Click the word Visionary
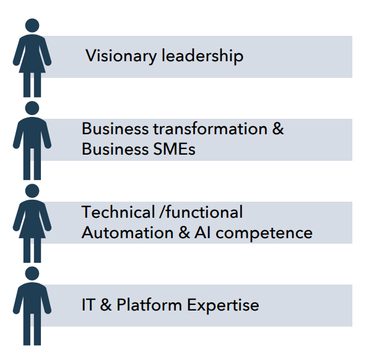(121, 56)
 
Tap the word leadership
(203, 56)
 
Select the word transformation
(211, 128)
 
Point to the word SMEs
(174, 149)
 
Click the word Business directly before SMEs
(115, 148)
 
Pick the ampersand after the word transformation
(278, 128)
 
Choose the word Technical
(118, 212)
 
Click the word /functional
(201, 212)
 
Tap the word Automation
(128, 233)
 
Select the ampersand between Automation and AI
(184, 233)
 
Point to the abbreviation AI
(203, 233)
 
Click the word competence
(264, 234)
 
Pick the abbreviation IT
(89, 304)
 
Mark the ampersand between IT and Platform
(106, 304)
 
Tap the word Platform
(149, 304)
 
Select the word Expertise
(223, 306)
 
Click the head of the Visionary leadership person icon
(32, 25)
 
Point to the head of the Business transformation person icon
(32, 108)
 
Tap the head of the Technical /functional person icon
(32, 191)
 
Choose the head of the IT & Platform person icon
(32, 274)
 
